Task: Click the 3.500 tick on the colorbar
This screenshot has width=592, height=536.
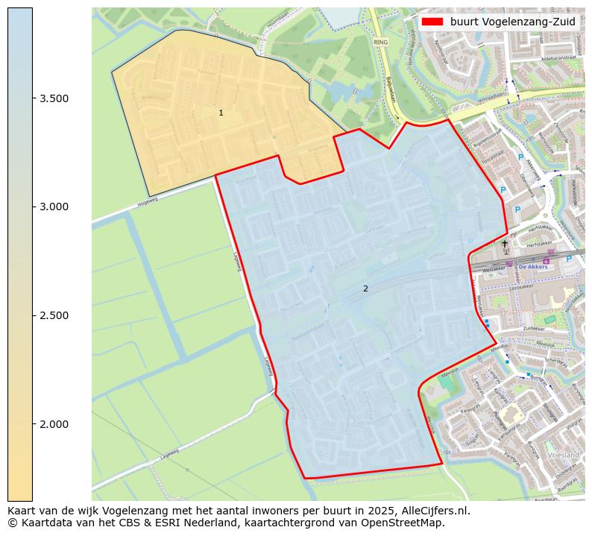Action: [55, 98]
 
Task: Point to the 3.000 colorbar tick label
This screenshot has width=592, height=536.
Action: [55, 206]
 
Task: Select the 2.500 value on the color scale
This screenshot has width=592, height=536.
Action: [55, 315]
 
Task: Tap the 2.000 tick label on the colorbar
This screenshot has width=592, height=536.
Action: [55, 424]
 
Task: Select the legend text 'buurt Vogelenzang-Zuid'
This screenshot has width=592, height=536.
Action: [512, 22]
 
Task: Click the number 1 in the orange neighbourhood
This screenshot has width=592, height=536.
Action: [221, 113]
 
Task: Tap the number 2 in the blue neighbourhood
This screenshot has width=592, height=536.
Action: [365, 289]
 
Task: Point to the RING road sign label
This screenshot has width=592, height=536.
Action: [382, 43]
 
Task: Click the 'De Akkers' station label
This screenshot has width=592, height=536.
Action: [532, 266]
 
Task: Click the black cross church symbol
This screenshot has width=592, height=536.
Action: [505, 243]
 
